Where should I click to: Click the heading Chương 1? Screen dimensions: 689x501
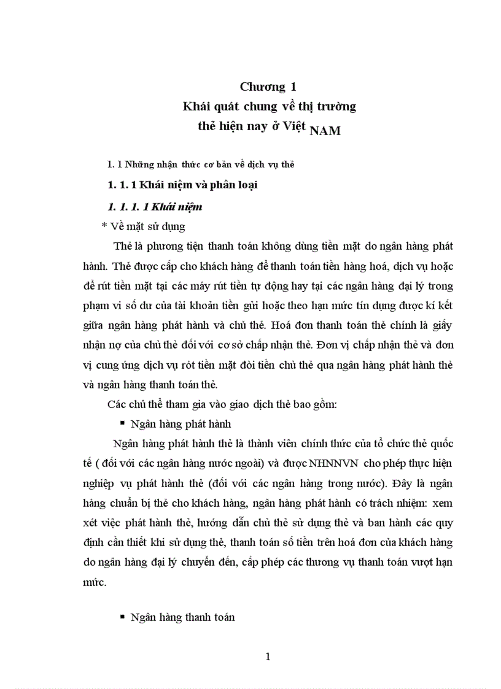pyautogui.click(x=269, y=86)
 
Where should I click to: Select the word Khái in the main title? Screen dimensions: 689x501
pyautogui.click(x=197, y=106)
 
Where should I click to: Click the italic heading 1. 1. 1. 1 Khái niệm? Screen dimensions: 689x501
pyautogui.click(x=155, y=207)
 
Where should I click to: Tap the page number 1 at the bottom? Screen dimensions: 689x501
pyautogui.click(x=268, y=656)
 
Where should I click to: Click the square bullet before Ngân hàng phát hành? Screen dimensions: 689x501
pyautogui.click(x=122, y=423)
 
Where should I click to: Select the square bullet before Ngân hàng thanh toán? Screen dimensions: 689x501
pyautogui.click(x=122, y=617)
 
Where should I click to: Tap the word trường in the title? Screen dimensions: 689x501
pyautogui.click(x=336, y=106)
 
